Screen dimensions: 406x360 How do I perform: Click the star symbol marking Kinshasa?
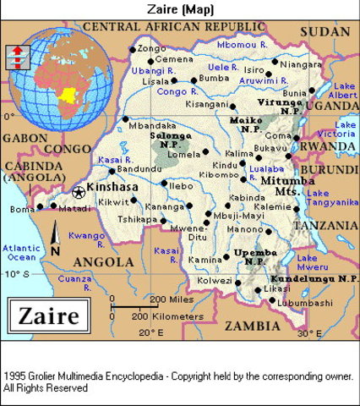click(x=79, y=192)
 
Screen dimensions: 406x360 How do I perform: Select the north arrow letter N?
click(x=55, y=251)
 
